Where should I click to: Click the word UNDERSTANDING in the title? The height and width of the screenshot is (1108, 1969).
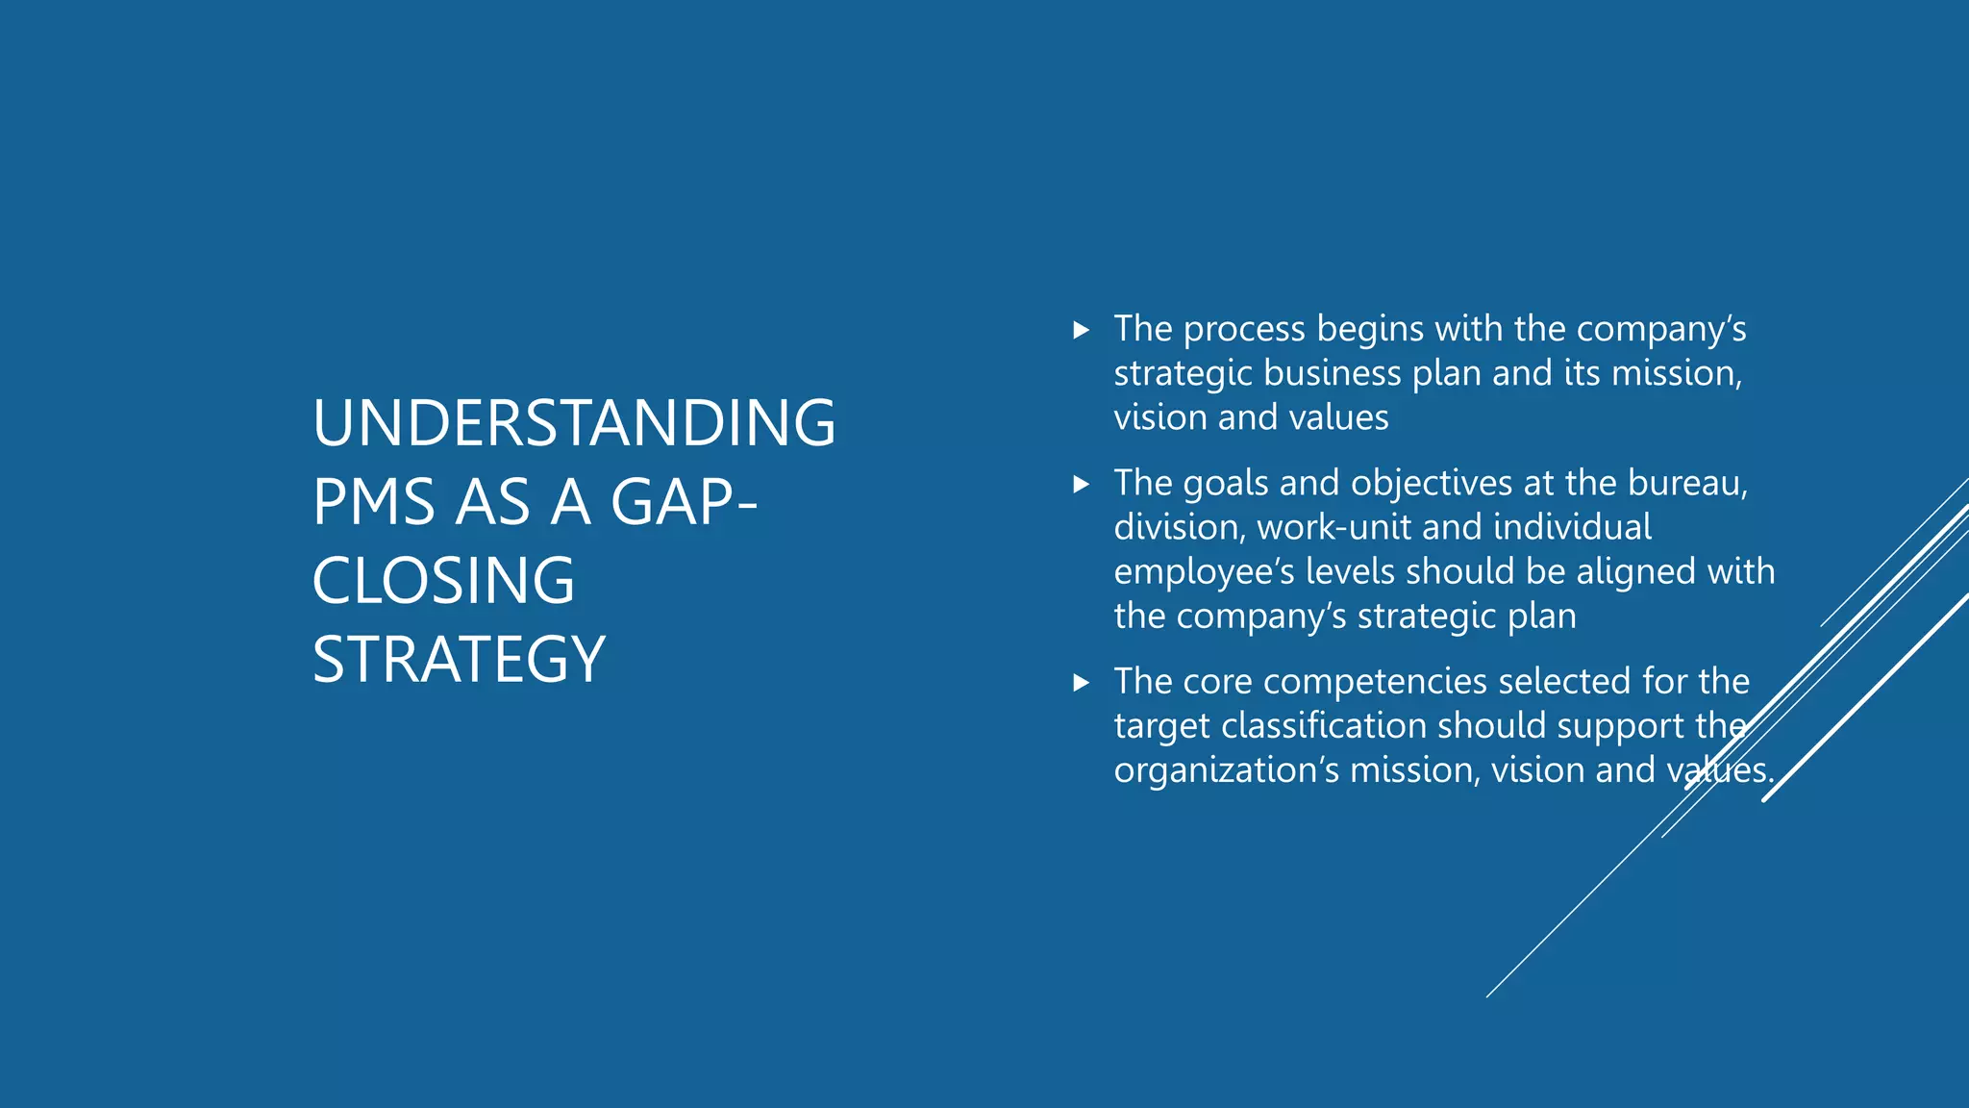coord(574,423)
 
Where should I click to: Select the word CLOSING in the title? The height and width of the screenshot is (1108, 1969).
coord(443,581)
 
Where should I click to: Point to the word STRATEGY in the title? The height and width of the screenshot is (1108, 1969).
coord(459,660)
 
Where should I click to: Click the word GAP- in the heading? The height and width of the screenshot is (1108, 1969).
coord(684,502)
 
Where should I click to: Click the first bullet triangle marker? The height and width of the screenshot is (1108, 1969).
coord(1081,330)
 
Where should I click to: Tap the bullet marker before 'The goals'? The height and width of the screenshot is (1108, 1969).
coord(1081,484)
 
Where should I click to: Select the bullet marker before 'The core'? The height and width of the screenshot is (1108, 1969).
coord(1081,683)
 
